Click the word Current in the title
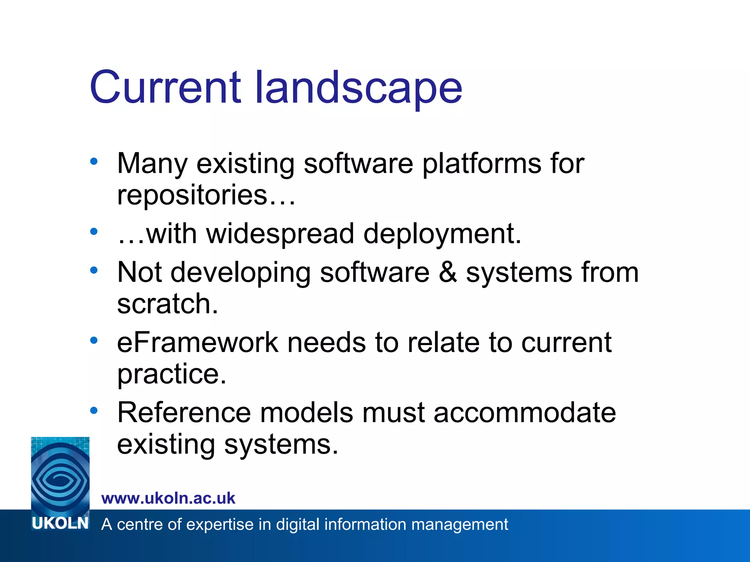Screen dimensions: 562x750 165,87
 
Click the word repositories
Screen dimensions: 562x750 192,195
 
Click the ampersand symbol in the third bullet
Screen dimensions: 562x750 448,272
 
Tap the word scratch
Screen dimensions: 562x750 167,304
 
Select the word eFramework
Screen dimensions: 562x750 197,342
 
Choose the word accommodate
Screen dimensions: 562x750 525,413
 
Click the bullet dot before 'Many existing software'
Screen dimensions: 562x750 94,161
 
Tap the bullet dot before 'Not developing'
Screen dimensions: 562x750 94,270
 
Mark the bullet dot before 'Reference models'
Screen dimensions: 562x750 94,411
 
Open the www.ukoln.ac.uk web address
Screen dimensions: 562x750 168,498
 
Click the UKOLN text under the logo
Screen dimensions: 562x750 60,524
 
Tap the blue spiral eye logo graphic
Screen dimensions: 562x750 60,476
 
